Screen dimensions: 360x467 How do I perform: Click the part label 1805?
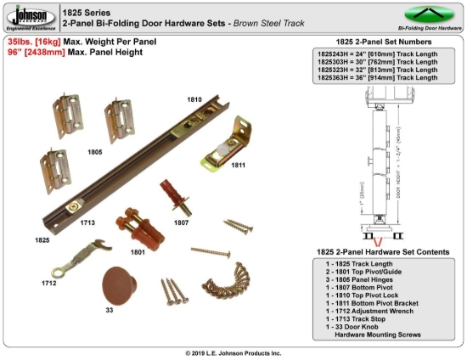click(x=94, y=152)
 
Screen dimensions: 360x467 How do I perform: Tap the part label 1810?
click(x=195, y=100)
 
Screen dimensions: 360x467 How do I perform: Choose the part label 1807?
click(x=180, y=222)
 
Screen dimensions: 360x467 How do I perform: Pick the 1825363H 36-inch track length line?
click(x=377, y=78)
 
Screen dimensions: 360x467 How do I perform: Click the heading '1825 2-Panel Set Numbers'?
click(x=377, y=42)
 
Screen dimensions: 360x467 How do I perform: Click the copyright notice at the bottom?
click(x=233, y=352)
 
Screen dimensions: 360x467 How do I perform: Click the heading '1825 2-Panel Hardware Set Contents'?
click(x=377, y=254)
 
